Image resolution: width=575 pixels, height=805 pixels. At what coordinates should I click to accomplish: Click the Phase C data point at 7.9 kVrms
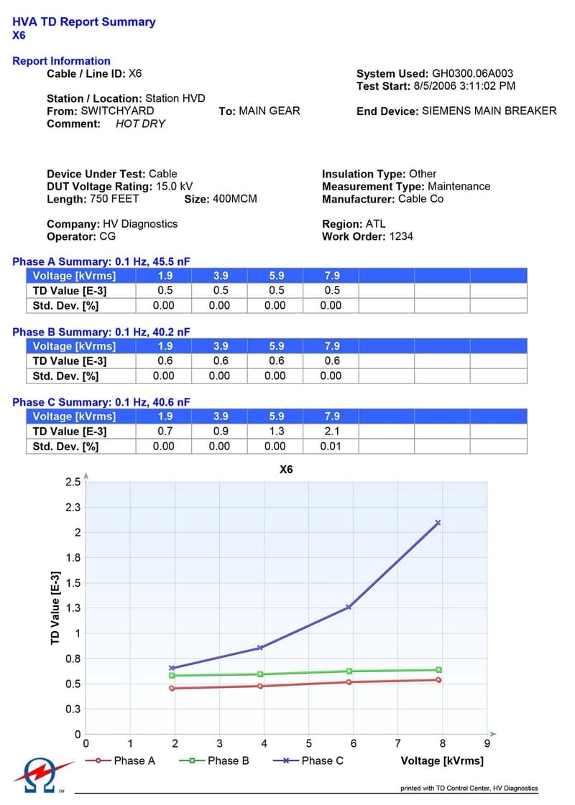[438, 523]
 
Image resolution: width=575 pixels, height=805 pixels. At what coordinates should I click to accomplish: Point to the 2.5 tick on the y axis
[73, 482]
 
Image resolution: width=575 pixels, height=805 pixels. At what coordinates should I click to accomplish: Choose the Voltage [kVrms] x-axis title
[442, 760]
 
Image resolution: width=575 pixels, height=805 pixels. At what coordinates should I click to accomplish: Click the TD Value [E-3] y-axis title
[55, 608]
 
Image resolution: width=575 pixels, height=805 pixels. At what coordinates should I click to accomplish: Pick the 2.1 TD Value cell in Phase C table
[331, 432]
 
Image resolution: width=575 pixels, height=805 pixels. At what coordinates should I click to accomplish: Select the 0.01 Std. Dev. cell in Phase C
[331, 447]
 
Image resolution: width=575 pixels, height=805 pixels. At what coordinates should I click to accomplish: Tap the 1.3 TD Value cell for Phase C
[275, 432]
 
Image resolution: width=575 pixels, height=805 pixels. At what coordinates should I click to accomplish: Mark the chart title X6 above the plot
[286, 470]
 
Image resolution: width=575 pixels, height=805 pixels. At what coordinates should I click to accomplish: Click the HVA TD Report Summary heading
[84, 22]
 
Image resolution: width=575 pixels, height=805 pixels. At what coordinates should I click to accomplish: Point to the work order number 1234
[401, 236]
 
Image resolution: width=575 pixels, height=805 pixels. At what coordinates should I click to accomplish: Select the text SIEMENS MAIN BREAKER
[489, 111]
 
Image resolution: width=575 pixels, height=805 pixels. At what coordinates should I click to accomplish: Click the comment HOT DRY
[140, 124]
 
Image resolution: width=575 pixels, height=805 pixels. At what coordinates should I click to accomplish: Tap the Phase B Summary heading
[101, 332]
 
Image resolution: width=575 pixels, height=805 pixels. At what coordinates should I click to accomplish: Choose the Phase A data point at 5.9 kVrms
[349, 681]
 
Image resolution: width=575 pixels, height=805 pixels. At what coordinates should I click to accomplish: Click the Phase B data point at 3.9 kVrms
[261, 674]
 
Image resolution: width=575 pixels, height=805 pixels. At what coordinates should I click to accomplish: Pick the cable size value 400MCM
[234, 199]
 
